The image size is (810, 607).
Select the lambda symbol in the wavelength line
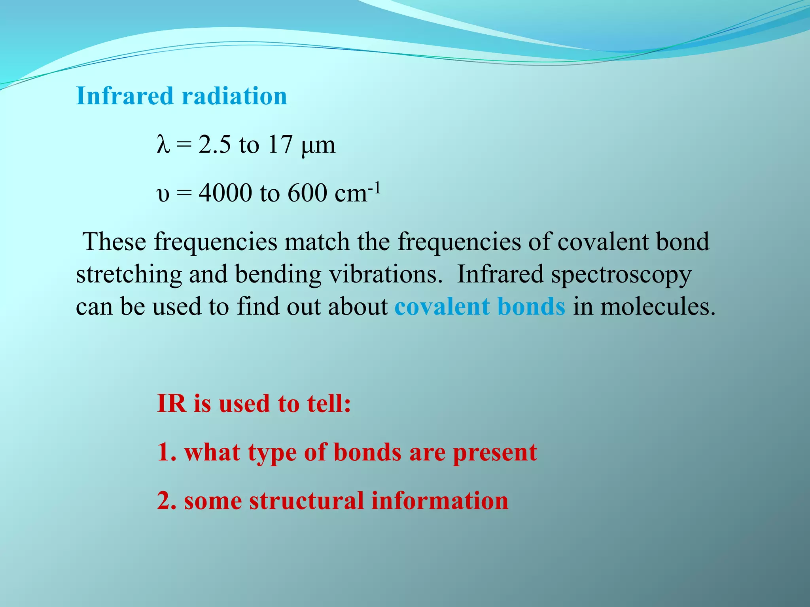163,145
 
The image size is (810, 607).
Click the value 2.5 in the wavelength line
214,145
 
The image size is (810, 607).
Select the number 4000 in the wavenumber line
225,193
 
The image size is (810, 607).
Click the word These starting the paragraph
114,242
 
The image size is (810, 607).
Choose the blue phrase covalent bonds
480,307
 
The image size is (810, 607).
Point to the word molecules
657,307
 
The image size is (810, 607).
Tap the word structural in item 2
306,501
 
